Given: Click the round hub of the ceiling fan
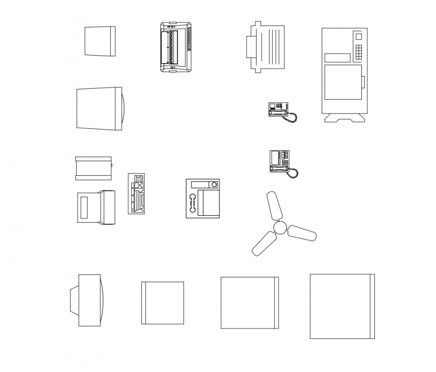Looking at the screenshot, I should click(x=280, y=228).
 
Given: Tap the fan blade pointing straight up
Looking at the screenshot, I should click(x=274, y=205).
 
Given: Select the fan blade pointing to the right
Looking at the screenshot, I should click(x=302, y=233).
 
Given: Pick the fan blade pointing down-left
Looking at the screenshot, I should click(x=264, y=244).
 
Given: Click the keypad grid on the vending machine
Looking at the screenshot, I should click(x=358, y=52).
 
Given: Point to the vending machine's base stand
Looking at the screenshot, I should click(x=344, y=118).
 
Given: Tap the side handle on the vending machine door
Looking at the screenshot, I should click(x=363, y=82).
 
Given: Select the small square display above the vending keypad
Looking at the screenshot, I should click(x=358, y=36).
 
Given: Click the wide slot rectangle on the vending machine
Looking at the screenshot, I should click(x=337, y=58).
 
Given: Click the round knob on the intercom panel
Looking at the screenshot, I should click(x=214, y=185).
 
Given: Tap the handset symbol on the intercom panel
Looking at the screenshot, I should click(x=191, y=203).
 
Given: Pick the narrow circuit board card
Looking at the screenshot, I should click(x=136, y=193).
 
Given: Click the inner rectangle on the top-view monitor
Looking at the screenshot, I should click(x=84, y=206).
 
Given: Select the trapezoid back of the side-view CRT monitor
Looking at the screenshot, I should click(x=74, y=299).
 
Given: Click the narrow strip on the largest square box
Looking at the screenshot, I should click(x=372, y=306).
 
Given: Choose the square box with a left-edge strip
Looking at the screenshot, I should click(x=162, y=303).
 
